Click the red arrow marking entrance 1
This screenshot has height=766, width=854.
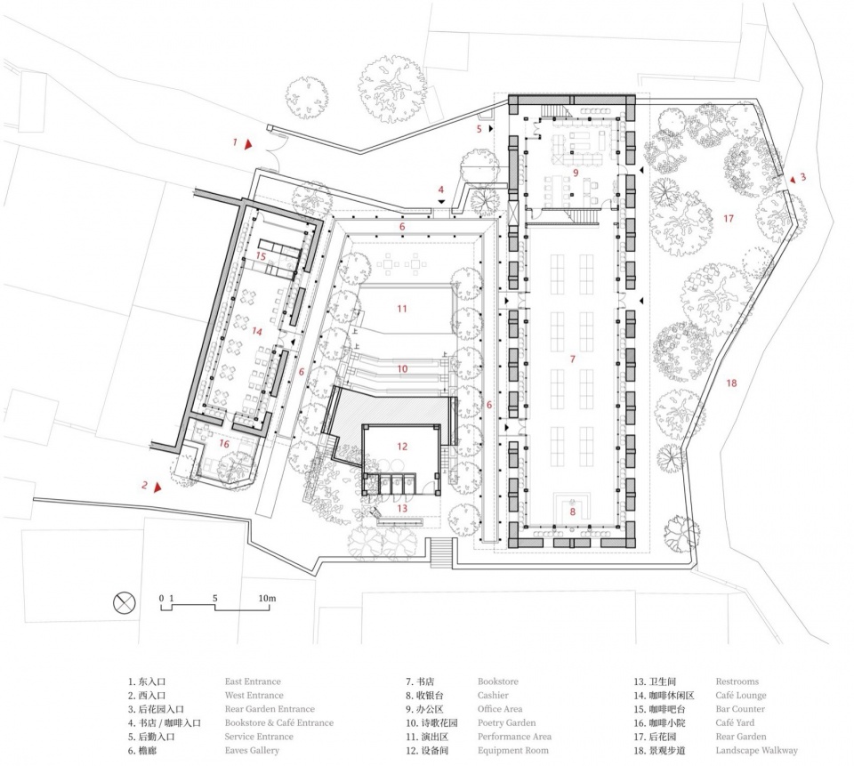(248, 144)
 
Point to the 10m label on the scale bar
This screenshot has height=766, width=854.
(267, 598)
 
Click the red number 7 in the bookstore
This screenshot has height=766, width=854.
(572, 359)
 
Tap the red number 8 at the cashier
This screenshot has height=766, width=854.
(572, 512)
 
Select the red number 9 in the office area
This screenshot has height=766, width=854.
(576, 173)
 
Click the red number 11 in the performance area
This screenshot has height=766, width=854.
(402, 309)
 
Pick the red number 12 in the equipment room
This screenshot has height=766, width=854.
(402, 447)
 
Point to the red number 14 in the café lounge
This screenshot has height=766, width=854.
(256, 331)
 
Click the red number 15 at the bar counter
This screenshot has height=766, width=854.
(261, 256)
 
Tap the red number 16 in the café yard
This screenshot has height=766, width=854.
(224, 444)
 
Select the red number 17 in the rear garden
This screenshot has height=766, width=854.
(729, 219)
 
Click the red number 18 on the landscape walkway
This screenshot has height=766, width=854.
(731, 383)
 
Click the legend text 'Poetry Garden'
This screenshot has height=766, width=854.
(506, 723)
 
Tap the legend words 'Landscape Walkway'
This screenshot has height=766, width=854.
(756, 751)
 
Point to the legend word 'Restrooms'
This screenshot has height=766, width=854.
(737, 681)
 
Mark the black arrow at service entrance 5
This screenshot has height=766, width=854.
(491, 129)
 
